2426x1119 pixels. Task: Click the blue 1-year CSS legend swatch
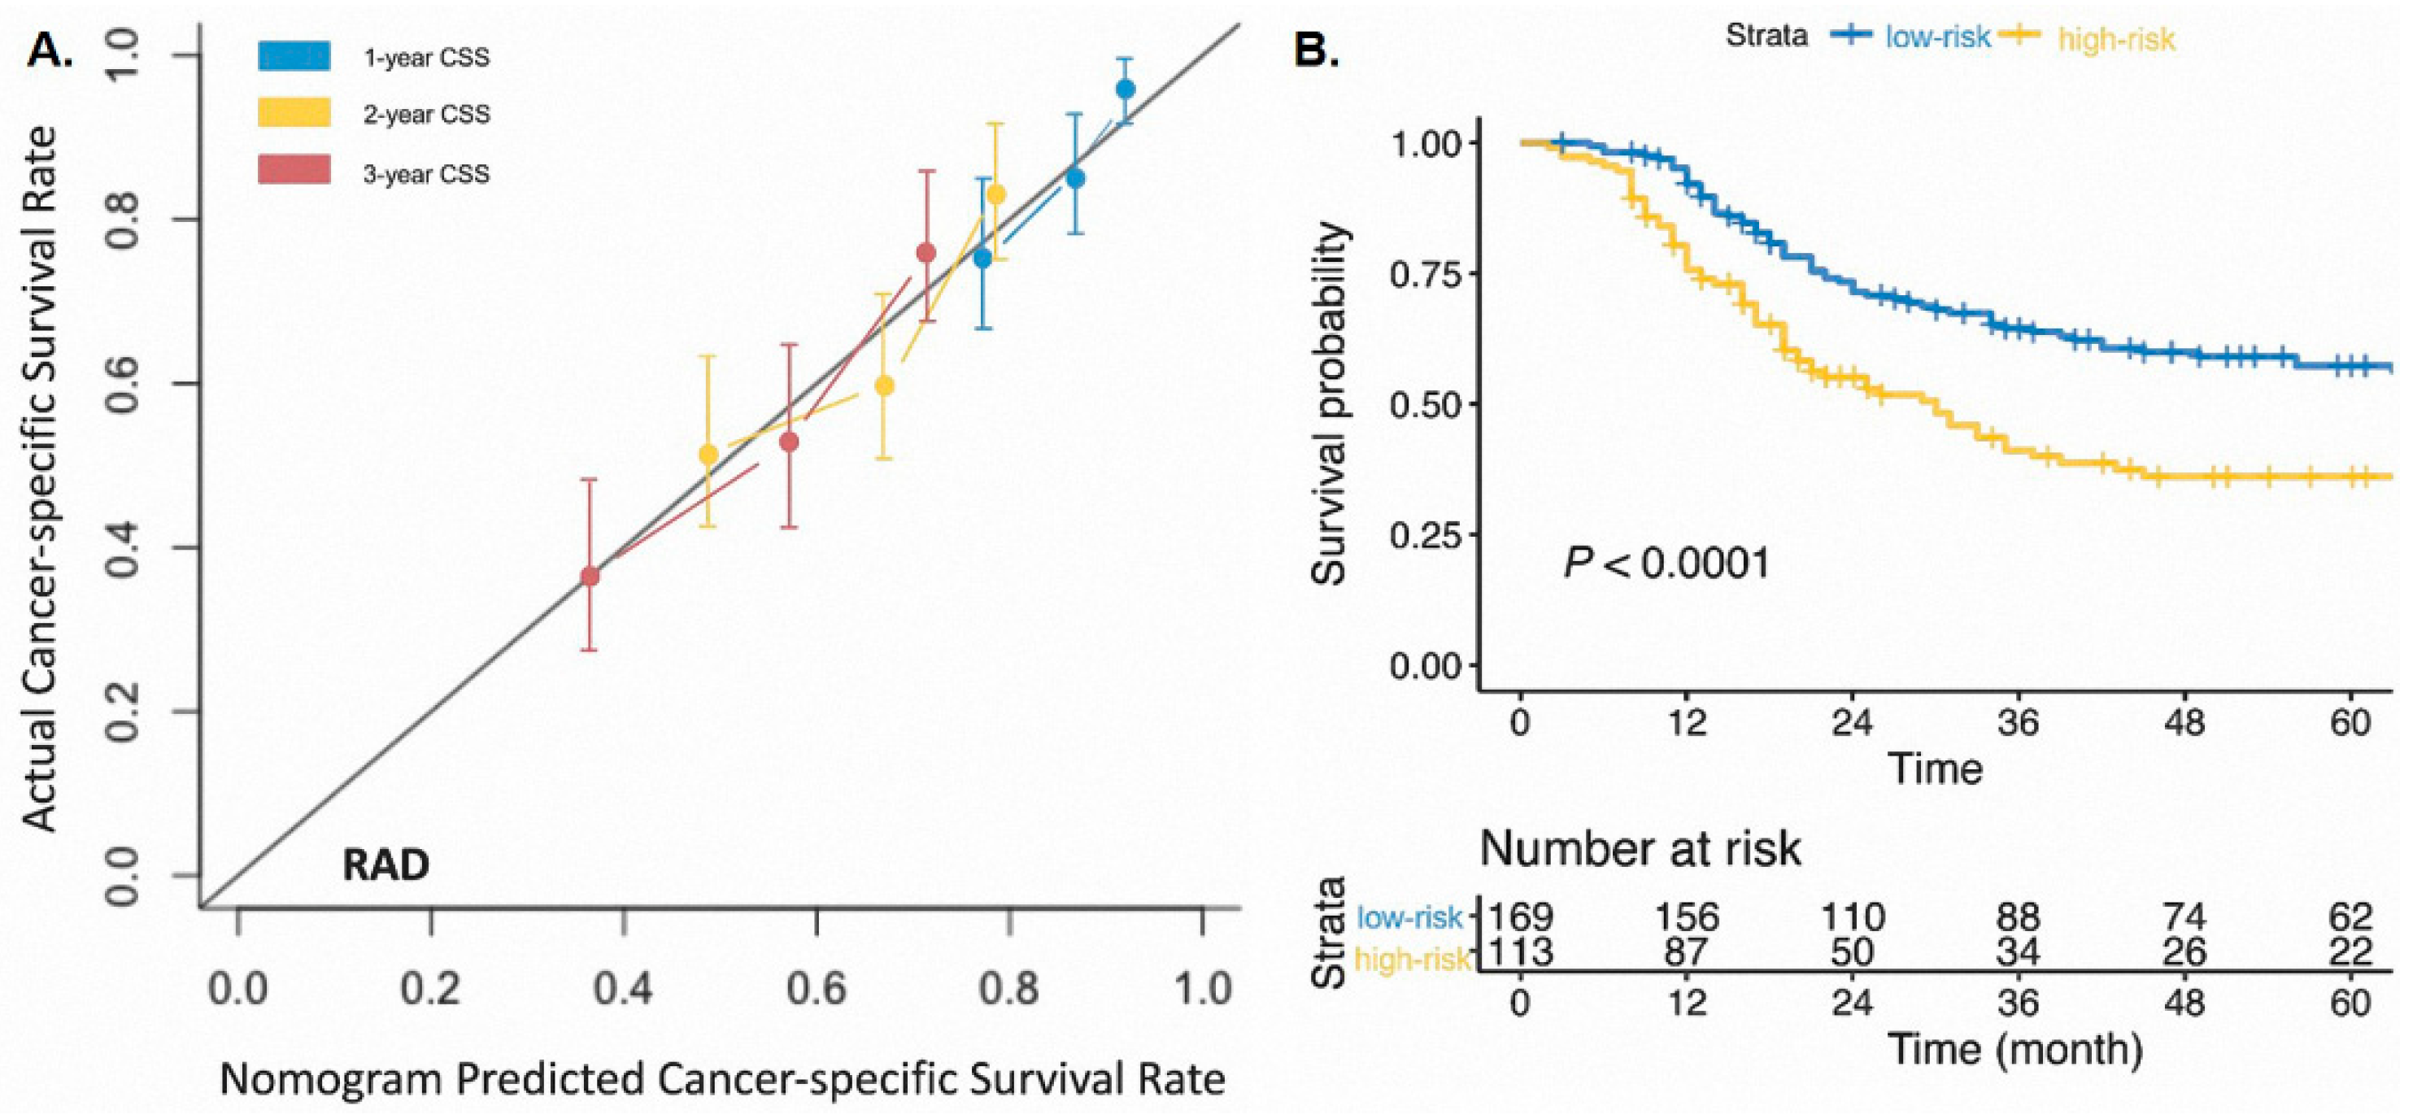tap(294, 56)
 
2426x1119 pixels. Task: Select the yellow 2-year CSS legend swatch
tap(294, 114)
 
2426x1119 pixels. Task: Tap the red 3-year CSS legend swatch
tap(294, 172)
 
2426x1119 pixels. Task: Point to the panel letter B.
tap(1317, 49)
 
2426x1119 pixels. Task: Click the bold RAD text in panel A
tap(385, 864)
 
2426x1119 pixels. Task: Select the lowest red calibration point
tap(590, 577)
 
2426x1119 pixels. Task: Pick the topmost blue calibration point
tap(1125, 89)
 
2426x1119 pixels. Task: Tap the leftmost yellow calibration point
tap(708, 454)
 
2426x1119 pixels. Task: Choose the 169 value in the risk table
tap(1519, 916)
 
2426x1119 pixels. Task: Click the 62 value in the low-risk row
tap(2350, 916)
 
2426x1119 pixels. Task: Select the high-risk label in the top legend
tap(2116, 38)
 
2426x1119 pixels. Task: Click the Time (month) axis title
tap(2015, 1048)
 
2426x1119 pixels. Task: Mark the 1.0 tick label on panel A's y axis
tap(124, 55)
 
